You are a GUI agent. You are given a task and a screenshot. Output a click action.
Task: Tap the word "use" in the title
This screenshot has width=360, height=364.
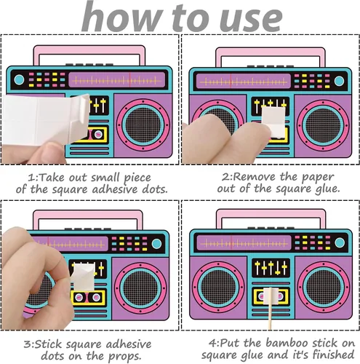[250, 19]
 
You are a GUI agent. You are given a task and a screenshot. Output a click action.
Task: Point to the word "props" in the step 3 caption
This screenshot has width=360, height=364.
[124, 357]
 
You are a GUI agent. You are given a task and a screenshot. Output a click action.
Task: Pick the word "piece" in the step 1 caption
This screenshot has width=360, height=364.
[137, 178]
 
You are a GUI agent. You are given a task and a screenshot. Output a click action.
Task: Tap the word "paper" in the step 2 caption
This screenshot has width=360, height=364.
[318, 178]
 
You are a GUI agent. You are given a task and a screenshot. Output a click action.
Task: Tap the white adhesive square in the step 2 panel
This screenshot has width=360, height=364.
[274, 122]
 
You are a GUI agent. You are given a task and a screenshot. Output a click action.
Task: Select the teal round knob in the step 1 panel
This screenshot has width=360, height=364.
[19, 79]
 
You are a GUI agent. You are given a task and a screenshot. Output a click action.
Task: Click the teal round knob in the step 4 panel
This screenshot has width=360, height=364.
[340, 242]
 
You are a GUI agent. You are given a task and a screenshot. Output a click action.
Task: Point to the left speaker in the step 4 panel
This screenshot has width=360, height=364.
[218, 288]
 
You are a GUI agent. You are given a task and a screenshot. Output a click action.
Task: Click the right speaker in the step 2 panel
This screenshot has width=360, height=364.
[323, 125]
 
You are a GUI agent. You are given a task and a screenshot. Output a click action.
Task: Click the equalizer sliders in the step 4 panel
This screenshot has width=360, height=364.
[271, 268]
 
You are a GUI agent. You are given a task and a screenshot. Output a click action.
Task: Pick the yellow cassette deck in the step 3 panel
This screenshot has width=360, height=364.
[88, 297]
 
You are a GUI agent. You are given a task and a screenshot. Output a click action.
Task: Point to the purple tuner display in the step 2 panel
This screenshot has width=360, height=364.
[243, 82]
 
